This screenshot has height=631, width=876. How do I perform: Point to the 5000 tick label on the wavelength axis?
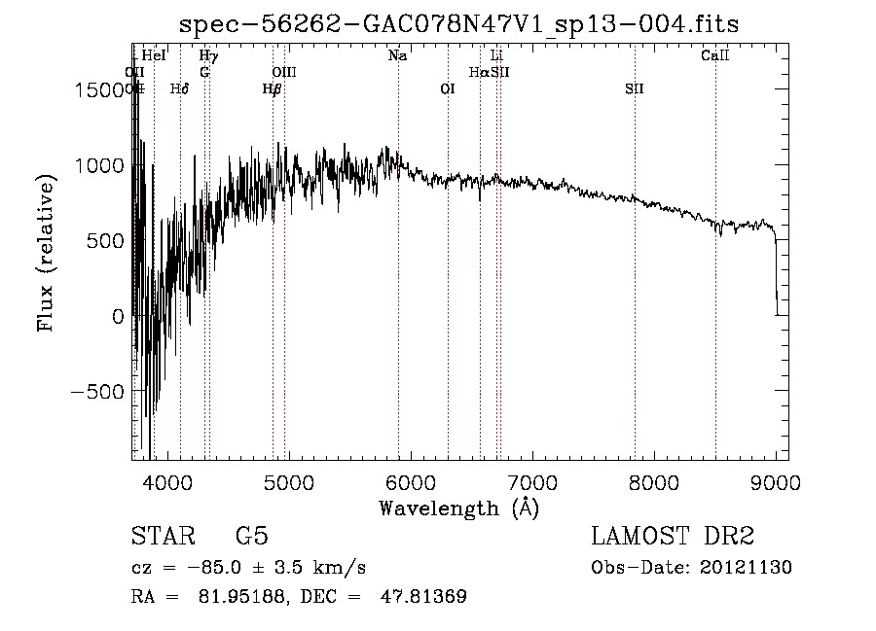(289, 481)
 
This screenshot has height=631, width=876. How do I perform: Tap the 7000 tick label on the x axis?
(532, 481)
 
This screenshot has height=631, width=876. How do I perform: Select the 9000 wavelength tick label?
(776, 481)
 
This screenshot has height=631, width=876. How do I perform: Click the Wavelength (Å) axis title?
(458, 508)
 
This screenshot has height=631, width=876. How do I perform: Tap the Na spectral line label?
(397, 56)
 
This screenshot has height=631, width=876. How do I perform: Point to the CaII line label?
(715, 56)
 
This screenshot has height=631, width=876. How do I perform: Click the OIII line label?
(284, 73)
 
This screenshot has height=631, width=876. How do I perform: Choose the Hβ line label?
(273, 89)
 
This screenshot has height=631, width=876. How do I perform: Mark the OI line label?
(448, 89)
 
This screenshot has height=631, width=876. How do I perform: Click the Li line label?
(496, 56)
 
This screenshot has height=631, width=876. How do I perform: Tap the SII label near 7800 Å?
(635, 89)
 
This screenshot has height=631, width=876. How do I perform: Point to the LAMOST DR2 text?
(673, 537)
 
